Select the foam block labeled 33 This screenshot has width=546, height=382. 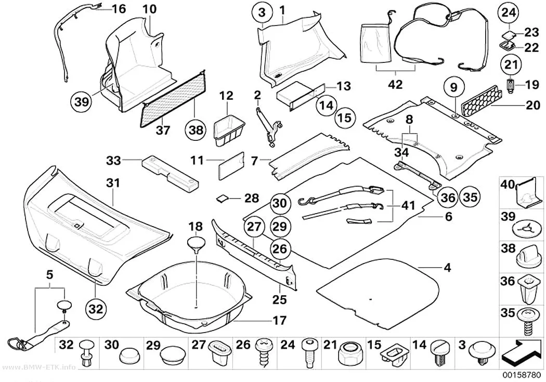pyautogui.click(x=170, y=173)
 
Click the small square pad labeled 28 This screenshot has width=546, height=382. pyautogui.click(x=223, y=199)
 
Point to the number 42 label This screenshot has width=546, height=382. pyautogui.click(x=396, y=84)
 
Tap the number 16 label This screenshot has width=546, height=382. pyautogui.click(x=119, y=8)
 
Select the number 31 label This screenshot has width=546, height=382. pyautogui.click(x=113, y=183)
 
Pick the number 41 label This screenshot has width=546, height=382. pyautogui.click(x=408, y=206)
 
